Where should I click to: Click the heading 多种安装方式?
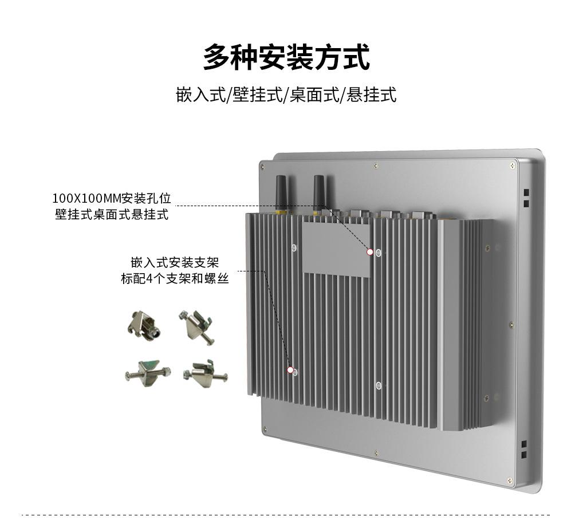coord(286,57)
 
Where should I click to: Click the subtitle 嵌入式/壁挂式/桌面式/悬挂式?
coord(286,94)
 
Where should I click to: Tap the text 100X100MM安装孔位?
coord(112,198)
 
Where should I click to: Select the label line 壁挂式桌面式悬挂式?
coord(112,214)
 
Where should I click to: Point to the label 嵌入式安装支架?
coord(175,262)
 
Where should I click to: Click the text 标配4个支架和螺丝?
coord(175,278)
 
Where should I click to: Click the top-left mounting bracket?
coord(144,324)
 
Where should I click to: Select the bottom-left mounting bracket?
coord(148,373)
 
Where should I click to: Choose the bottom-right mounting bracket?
coord(205,374)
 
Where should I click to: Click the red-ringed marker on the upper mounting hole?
coord(370,252)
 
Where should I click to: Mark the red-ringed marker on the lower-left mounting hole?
coord(290,370)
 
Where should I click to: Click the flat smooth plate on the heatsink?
coord(337,249)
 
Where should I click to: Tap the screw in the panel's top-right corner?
coord(513,166)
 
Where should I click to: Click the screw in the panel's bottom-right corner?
coord(510,481)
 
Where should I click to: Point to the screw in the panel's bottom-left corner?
coord(265,429)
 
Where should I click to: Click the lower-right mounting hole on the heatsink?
coord(379,385)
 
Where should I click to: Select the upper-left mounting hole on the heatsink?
coord(294,248)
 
